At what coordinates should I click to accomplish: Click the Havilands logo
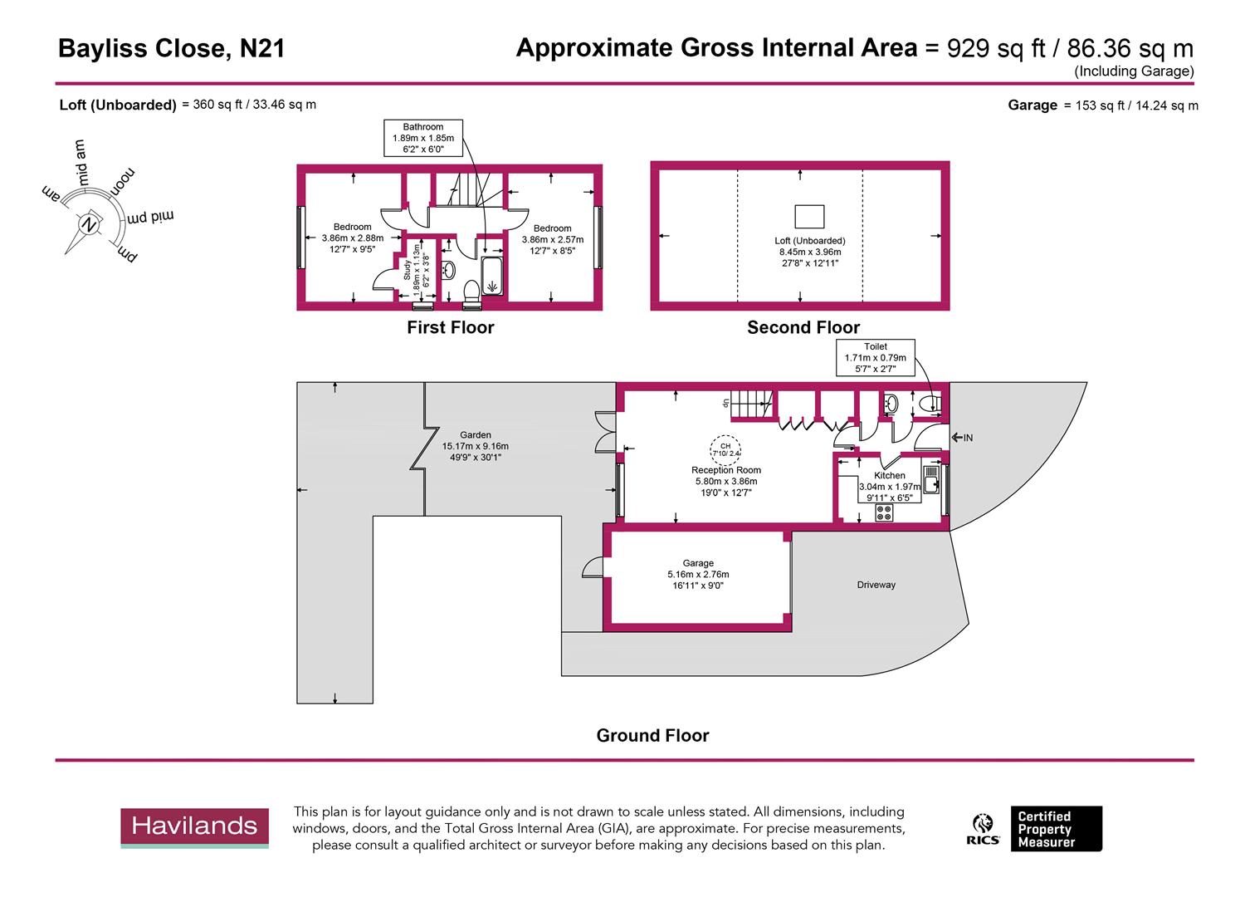point(194,827)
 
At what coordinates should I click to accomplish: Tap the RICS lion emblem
point(983,829)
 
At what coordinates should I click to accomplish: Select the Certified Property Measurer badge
point(1055,829)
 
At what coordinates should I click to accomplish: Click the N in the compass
point(88,224)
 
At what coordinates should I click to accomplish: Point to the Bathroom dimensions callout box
point(423,138)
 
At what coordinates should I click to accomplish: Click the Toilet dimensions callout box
point(875,358)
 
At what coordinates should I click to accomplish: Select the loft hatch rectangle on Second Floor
point(809,216)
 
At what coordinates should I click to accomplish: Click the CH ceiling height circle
point(725,449)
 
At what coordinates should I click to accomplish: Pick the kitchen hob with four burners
point(884,512)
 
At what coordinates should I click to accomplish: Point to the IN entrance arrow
point(962,438)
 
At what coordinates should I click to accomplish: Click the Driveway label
point(876,585)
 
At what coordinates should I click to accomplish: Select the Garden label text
point(476,435)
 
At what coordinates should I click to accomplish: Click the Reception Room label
point(725,470)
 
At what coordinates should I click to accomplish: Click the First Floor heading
point(450,327)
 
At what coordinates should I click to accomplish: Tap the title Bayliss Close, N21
point(172,49)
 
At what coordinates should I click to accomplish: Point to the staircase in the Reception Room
point(751,404)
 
